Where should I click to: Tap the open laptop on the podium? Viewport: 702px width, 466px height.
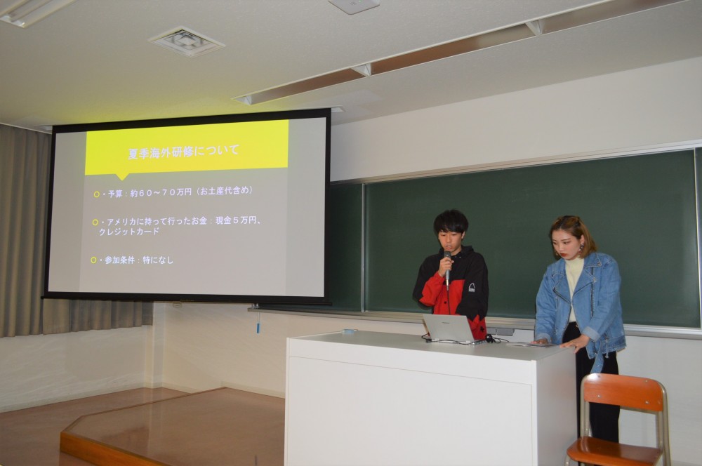click(449, 328)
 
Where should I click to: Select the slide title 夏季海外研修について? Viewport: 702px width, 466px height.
click(184, 151)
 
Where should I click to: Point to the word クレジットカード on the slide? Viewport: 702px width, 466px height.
click(129, 232)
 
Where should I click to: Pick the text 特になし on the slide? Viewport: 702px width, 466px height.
click(158, 260)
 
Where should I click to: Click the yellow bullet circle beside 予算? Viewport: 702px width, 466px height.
click(97, 194)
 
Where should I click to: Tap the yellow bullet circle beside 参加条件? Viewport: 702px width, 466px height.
click(93, 260)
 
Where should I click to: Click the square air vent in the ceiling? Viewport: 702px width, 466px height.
click(187, 41)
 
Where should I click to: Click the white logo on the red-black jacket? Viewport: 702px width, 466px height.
click(472, 287)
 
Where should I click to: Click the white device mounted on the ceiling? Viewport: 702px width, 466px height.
click(354, 6)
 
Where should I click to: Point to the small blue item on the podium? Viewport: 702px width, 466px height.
click(349, 332)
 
